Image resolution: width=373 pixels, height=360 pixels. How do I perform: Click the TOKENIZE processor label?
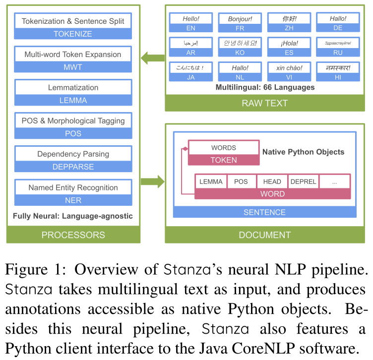pos(73,34)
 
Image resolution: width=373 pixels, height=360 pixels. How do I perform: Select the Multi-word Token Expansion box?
pos(73,55)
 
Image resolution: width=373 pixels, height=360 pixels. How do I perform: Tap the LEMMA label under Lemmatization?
pos(73,100)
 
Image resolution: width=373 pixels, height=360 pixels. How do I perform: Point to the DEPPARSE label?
pos(73,167)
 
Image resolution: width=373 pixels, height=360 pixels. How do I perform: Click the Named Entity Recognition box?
pos(73,187)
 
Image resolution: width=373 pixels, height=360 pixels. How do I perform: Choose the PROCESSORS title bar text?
pos(73,235)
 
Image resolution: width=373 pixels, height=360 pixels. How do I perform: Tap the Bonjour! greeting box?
pos(240,19)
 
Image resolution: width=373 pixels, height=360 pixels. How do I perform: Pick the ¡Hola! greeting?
pos(289,43)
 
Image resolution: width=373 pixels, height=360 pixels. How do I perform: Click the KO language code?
pos(240,53)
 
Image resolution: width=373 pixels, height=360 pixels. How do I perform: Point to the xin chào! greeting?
pos(289,67)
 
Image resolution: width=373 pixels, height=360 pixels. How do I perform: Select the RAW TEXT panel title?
pos(264,103)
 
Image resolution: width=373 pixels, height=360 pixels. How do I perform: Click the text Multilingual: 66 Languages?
pos(264,87)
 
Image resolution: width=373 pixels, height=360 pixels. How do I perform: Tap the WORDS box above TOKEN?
pos(223,148)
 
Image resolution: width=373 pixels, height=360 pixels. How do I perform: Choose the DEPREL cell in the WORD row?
pos(303,181)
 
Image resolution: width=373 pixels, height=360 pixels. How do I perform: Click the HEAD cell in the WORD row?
pos(272,181)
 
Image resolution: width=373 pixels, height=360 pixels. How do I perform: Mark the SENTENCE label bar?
pos(264,212)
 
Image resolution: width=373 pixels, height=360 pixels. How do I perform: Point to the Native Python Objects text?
pos(303,152)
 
